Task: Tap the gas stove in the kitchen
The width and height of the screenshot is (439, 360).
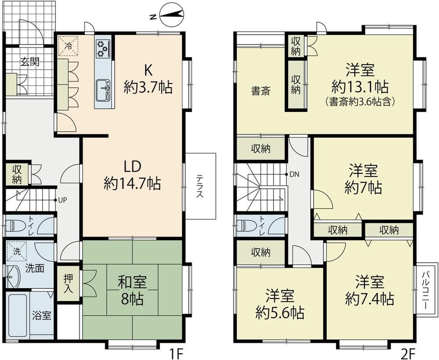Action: point(102,48)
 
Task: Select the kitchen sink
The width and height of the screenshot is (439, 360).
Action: point(103,90)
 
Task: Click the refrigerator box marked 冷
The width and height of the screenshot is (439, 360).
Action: point(68,46)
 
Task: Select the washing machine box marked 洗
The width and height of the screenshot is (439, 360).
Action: point(17,251)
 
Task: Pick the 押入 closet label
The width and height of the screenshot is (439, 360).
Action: point(68,283)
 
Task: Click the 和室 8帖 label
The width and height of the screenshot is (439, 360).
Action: point(132,290)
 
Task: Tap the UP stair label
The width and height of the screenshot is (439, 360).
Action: point(62,200)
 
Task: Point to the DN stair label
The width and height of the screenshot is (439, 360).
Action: point(294,175)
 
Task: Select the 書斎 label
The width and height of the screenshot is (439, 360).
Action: point(261,91)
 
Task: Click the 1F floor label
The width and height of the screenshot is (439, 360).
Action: point(176,352)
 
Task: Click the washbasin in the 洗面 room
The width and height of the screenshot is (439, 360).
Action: point(12,277)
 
